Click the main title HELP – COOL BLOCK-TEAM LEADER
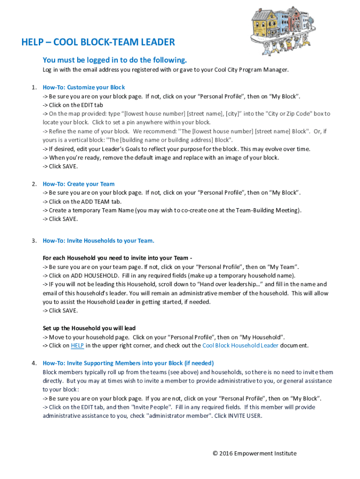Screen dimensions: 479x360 [98, 43]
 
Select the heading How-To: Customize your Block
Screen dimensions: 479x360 [84, 87]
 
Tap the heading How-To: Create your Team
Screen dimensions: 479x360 [79, 184]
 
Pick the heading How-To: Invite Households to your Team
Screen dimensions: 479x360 [98, 240]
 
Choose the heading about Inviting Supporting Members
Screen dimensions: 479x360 [128, 363]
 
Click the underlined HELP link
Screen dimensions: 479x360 [77, 346]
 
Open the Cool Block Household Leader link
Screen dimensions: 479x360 [240, 346]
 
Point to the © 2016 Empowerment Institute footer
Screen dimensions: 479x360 [254, 453]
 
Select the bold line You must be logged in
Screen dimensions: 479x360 [115, 60]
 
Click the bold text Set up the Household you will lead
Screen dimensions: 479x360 [89, 328]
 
